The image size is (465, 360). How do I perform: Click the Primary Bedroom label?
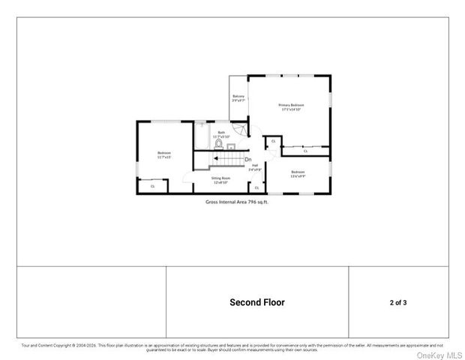[291, 106]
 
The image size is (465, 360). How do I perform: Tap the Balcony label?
[238, 98]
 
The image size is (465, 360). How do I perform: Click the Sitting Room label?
[220, 180]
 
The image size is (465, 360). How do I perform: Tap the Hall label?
[255, 167]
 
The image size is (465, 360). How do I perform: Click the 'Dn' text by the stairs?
[247, 158]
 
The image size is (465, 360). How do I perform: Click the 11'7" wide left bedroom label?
[164, 154]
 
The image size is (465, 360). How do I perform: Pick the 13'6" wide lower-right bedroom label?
[298, 174]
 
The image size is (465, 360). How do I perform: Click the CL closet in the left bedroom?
[153, 186]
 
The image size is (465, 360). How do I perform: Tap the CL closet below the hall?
[256, 187]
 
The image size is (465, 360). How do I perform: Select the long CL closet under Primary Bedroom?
[305, 151]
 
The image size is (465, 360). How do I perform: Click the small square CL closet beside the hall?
[273, 141]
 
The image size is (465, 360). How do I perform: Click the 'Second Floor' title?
[256, 302]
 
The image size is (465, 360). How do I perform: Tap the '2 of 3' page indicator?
[398, 302]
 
